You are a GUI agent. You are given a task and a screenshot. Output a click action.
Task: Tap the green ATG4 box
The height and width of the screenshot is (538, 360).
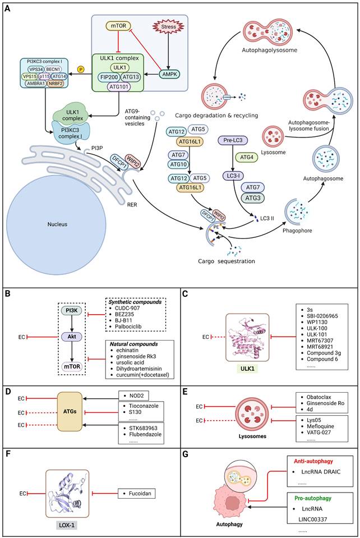pyautogui.click(x=246, y=158)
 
